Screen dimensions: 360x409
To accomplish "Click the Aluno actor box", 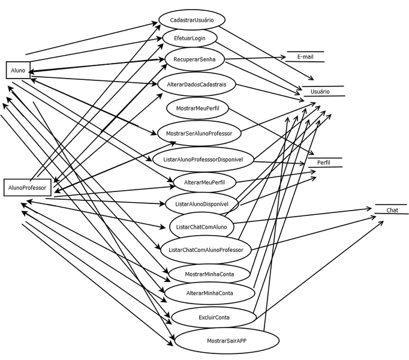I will point(18,70).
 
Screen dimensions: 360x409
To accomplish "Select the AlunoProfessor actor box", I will point(28,188).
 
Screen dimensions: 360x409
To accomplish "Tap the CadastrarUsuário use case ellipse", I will point(192,20).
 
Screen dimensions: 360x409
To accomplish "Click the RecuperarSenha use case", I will point(195,59).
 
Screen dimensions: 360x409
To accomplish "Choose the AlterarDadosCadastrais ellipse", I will point(197,85).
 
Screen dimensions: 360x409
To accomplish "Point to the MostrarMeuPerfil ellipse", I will point(197,108).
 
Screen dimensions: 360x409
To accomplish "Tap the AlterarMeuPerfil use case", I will point(202,181).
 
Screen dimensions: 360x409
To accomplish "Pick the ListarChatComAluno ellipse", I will point(201,227).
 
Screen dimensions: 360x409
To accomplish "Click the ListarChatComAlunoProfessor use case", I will point(206,250).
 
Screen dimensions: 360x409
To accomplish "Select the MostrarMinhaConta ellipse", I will point(209,274).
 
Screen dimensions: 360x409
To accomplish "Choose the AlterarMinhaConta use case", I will point(209,293).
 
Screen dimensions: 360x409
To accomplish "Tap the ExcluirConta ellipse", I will point(213,316).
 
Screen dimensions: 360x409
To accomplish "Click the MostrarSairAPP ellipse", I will point(227,340).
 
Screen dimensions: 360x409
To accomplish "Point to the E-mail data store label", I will point(306,56).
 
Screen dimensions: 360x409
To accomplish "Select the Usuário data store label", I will point(320,91).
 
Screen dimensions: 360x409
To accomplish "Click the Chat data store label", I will point(392,210).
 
